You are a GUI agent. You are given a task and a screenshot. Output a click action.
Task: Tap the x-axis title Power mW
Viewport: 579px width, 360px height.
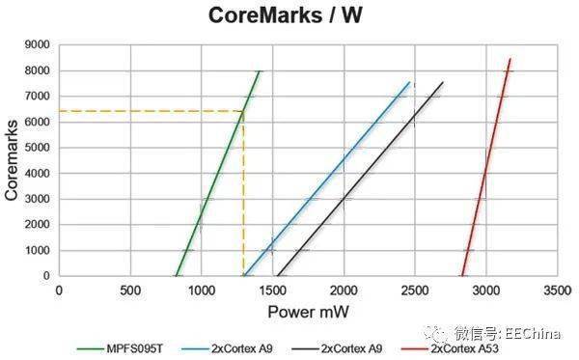point(306,313)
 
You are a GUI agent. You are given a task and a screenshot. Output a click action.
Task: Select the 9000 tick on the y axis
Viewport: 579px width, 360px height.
point(36,44)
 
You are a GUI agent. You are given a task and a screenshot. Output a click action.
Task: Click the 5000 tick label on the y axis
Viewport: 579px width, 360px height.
point(36,147)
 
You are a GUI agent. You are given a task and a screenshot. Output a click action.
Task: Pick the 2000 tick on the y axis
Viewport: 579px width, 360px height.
point(36,224)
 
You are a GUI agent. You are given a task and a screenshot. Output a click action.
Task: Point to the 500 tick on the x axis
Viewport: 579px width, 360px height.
point(130,290)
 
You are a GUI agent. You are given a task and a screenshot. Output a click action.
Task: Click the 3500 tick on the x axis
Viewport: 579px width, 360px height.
point(557,290)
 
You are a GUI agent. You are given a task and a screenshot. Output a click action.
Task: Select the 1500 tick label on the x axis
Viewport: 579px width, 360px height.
point(272,290)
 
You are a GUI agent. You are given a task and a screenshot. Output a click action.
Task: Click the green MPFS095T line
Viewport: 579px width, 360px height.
point(217,175)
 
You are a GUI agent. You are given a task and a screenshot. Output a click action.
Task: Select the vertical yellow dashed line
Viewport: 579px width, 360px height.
point(243,193)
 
